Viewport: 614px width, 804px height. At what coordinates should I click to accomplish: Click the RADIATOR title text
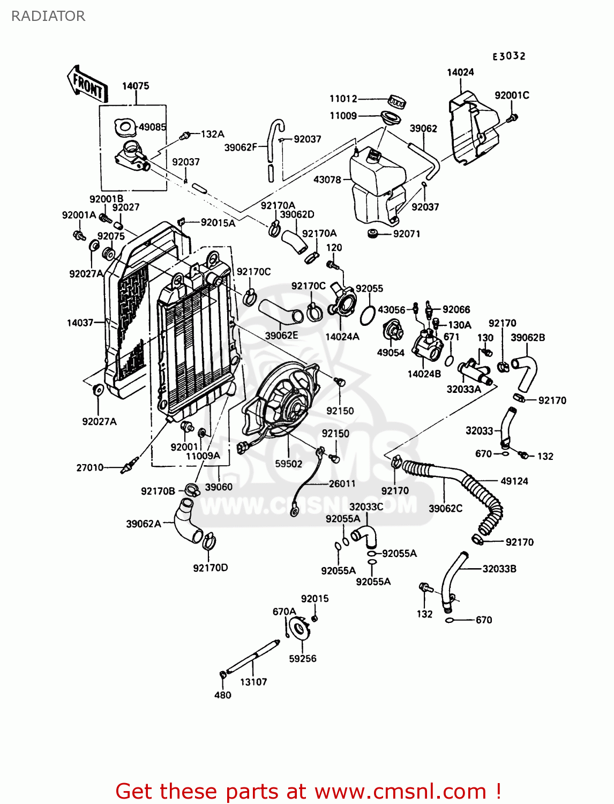coord(48,16)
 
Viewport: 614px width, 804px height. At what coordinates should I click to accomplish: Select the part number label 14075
coord(136,86)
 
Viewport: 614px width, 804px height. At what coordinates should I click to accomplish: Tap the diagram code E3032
coord(509,56)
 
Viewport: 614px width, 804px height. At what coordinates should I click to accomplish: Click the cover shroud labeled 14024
coord(471,129)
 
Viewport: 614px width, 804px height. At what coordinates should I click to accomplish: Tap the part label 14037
coord(80,323)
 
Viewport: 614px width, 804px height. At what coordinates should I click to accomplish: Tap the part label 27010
coord(89,467)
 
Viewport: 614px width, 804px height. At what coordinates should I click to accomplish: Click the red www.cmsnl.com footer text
coord(308,791)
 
